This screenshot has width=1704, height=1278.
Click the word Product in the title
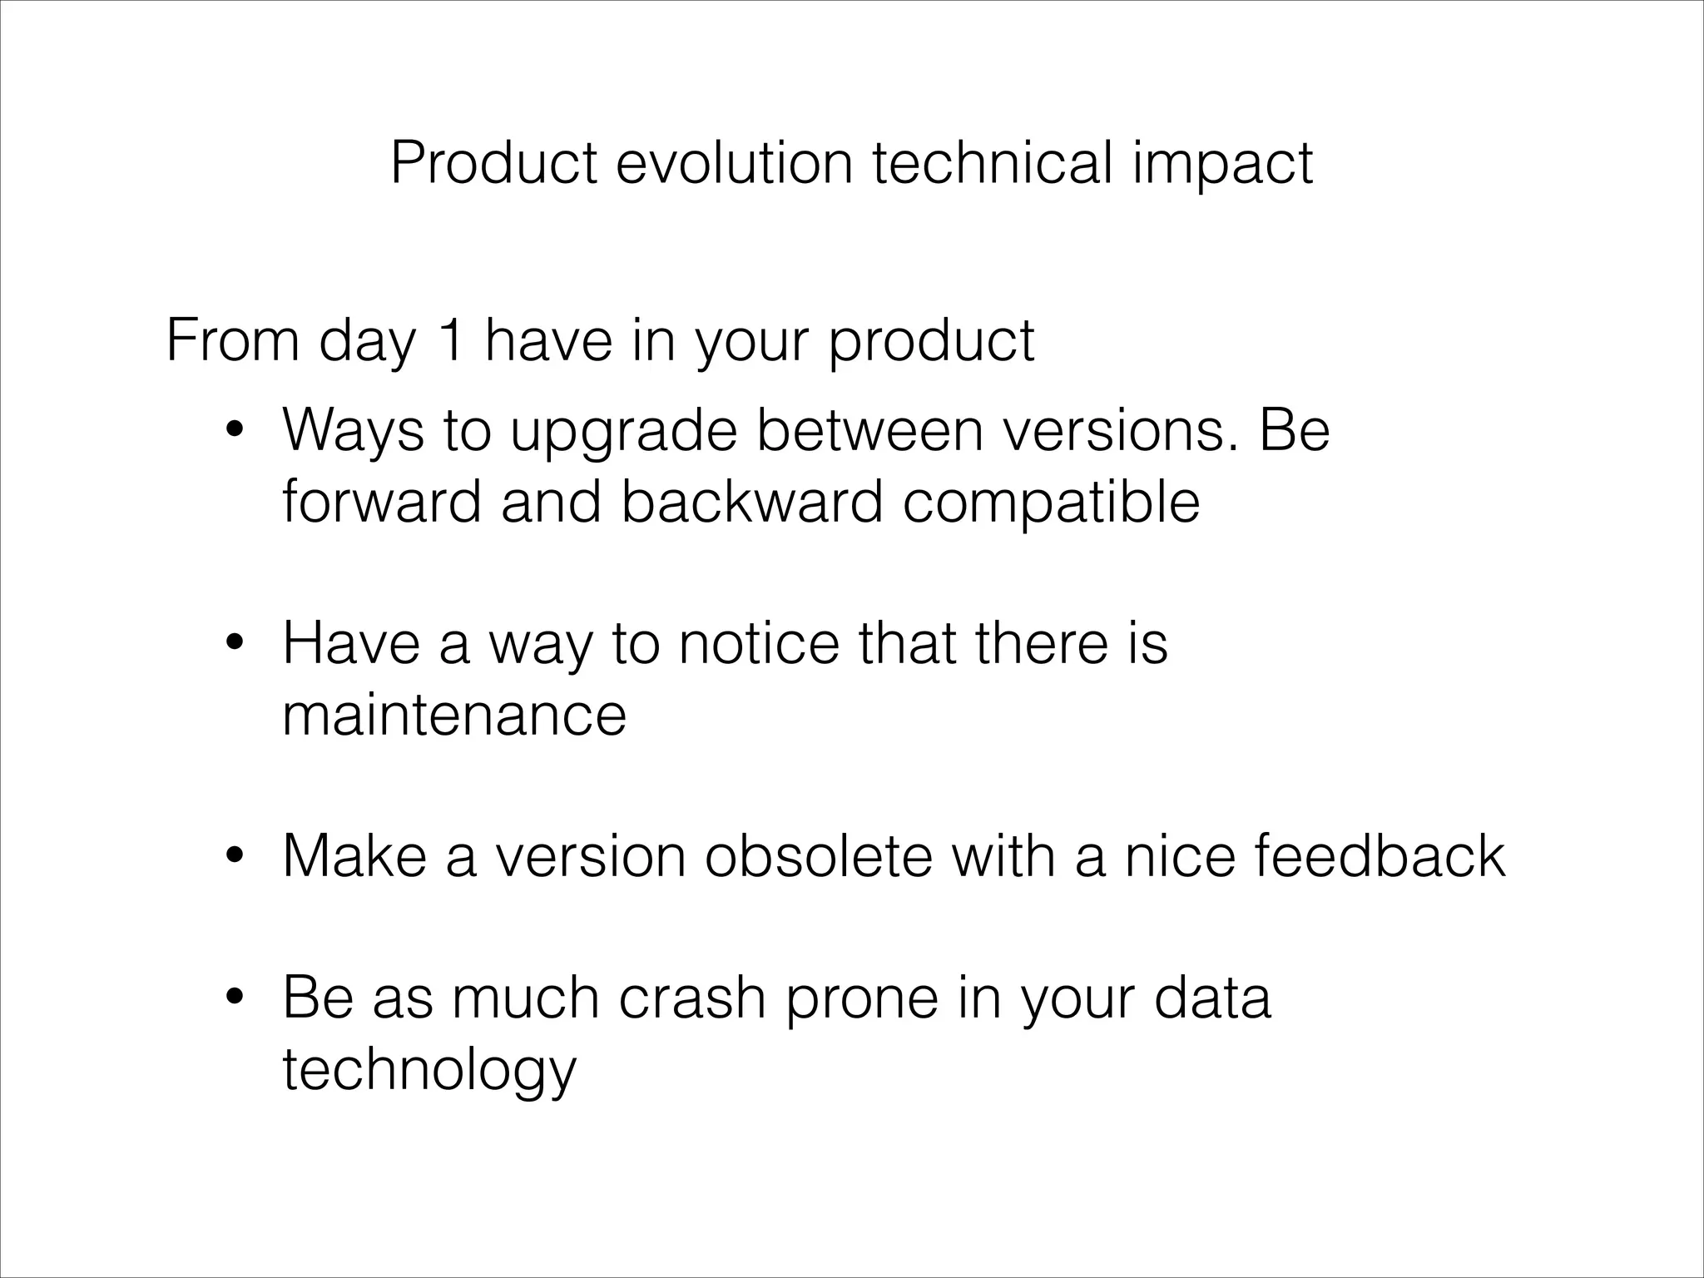click(493, 163)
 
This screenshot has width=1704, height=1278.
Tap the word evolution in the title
click(735, 163)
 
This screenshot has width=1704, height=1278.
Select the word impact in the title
click(1222, 163)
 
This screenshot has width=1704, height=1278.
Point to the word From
click(232, 341)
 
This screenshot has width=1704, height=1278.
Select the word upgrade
click(623, 433)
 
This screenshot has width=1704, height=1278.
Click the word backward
click(751, 503)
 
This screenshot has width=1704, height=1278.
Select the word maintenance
click(453, 716)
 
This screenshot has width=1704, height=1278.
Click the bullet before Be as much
click(235, 998)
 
